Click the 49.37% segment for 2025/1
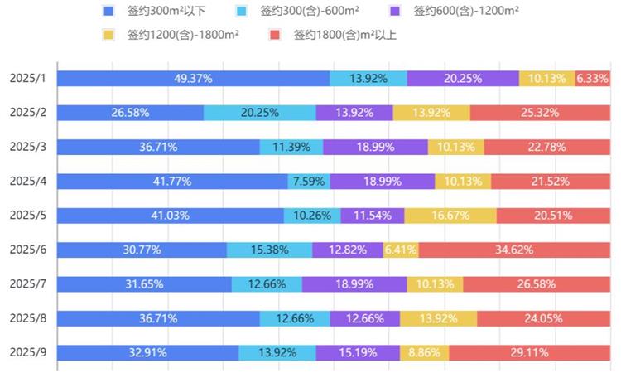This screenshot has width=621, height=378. pos(194,79)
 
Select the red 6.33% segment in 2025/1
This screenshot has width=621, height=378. pos(593,79)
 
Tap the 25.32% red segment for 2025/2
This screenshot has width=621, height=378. pos(540,113)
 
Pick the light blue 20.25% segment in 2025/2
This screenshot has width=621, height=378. pos(259,113)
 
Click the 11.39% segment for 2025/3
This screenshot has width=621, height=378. pos(291,148)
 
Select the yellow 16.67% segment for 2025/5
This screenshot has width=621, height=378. pos(450,216)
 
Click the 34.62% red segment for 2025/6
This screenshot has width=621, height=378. pos(514,250)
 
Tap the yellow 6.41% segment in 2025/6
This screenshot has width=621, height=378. pos(401,250)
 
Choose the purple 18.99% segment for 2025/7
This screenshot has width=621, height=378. pos(354,284)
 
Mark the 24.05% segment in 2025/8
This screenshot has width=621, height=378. pos(543,318)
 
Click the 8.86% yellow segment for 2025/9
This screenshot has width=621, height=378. pos(424,352)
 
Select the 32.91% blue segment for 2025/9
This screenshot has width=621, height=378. pos(148,352)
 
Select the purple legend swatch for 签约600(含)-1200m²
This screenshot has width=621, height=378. pos(394,12)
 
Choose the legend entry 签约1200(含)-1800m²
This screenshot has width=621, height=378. pos(183,36)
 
